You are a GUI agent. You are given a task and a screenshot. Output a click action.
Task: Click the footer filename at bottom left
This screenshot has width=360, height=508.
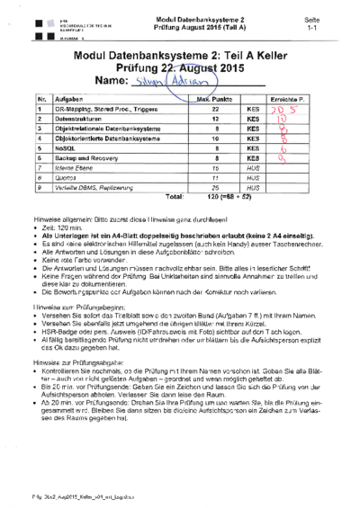pos(67,494)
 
